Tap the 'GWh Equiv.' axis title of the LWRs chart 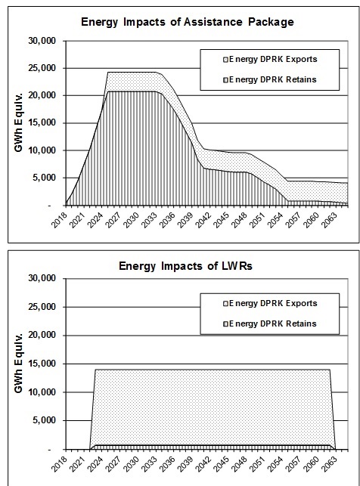(x=16, y=364)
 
